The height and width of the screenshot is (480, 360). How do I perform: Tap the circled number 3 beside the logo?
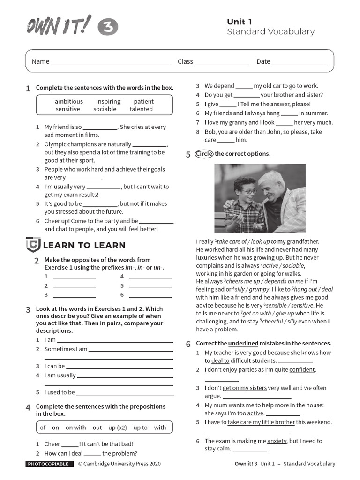(108, 28)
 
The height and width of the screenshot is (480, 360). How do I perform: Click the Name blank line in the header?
(111, 62)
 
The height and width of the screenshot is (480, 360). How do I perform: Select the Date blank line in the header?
(299, 62)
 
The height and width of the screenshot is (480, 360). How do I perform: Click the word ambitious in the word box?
(69, 101)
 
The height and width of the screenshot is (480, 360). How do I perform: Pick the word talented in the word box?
(141, 109)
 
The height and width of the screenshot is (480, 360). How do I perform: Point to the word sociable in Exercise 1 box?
(105, 109)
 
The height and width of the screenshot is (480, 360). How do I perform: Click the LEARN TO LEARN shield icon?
(33, 245)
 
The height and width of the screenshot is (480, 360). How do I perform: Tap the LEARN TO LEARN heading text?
(84, 245)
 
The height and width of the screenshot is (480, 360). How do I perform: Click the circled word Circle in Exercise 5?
(204, 154)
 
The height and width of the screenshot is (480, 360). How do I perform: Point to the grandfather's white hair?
(271, 178)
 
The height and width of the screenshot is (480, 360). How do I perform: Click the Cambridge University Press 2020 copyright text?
(119, 464)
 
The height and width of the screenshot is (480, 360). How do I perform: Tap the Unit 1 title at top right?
(240, 22)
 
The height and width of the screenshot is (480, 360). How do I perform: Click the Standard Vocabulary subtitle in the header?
(270, 32)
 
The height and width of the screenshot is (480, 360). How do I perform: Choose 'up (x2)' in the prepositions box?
(118, 427)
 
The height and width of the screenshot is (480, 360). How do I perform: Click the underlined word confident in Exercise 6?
(302, 370)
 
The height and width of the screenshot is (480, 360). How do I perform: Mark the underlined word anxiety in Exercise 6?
(277, 441)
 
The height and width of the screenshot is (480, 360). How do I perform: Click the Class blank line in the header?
(222, 62)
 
